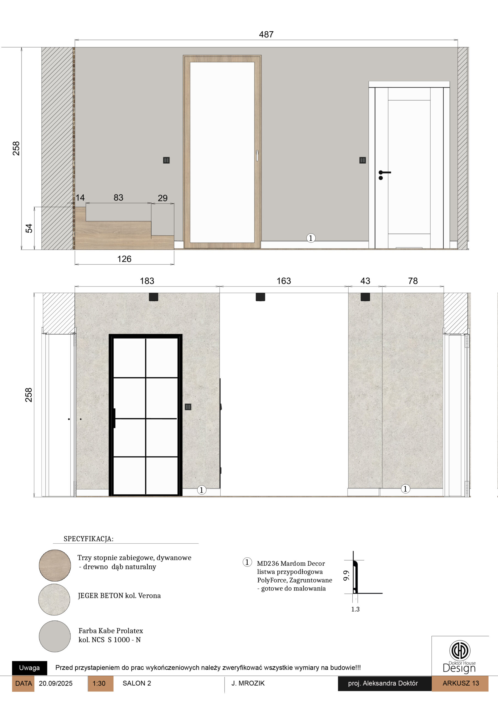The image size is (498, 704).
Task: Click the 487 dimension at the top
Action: coord(266,34)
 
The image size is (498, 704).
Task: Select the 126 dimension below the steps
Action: coord(124,259)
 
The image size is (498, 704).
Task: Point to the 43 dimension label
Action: coord(365,281)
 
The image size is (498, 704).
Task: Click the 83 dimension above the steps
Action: coord(118,197)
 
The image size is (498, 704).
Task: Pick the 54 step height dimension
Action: coord(29,229)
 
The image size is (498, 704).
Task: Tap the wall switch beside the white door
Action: coord(362,160)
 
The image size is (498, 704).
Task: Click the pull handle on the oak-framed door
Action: coord(257,156)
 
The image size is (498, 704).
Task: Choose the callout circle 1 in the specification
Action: coord(247,562)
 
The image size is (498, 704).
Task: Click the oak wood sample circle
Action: coord(55,565)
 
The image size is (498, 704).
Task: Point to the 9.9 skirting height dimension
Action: coord(346,576)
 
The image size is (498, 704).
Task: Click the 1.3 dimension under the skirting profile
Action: coord(355,609)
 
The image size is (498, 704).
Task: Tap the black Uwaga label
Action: coord(29,668)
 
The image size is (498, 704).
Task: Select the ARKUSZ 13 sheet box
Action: coord(461,683)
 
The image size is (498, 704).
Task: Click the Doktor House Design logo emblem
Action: coord(460,650)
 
